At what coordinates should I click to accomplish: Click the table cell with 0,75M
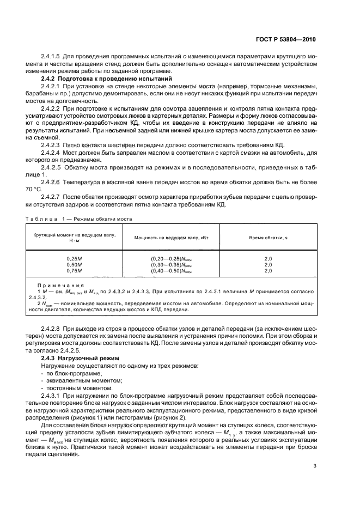[x=74, y=270]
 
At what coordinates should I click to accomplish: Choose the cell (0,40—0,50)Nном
[x=172, y=270]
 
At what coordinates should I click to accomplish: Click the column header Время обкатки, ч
[x=268, y=239]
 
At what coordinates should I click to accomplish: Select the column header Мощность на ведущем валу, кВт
[x=172, y=239]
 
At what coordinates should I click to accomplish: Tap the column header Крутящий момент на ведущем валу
[x=74, y=239]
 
